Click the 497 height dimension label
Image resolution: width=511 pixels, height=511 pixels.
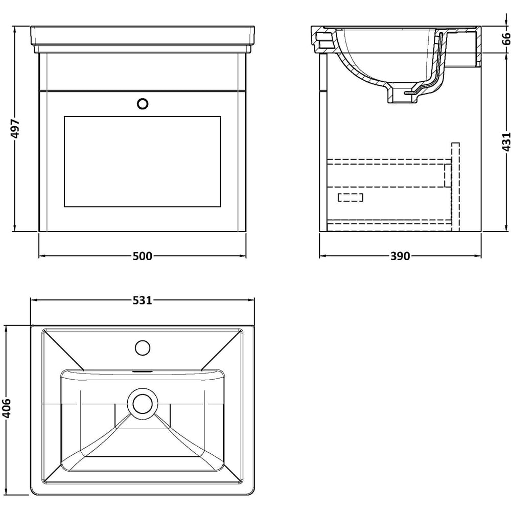coord(15,129)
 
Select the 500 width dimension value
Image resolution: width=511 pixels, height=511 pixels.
coord(142,256)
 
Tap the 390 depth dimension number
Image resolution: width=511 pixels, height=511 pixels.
coord(400,256)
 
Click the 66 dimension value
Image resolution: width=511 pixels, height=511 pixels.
coord(505,39)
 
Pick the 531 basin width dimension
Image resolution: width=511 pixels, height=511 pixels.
coord(142,300)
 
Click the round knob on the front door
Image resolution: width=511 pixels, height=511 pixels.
coord(143,104)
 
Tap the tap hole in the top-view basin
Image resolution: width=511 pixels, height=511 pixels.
coord(143,349)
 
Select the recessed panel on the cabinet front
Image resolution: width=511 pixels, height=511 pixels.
coord(142,161)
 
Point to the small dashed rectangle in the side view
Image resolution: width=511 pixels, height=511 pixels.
coord(351,197)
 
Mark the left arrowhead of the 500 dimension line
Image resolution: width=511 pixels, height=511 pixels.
coord(41,256)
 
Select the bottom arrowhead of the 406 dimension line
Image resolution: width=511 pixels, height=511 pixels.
coord(6,494)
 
